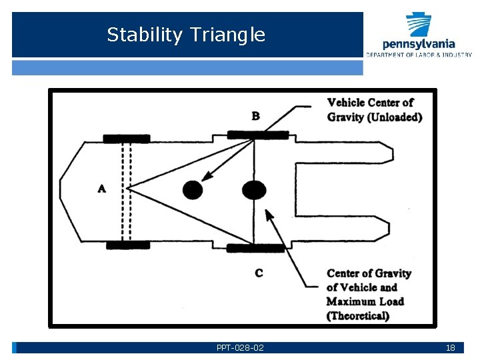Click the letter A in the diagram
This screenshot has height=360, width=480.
point(101,189)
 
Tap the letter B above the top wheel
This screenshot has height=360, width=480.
point(256,116)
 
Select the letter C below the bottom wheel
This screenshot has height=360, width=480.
point(259,273)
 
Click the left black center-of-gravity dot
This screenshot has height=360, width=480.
point(193,190)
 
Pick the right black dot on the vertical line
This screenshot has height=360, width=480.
point(254,190)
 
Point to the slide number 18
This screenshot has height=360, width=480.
point(450,348)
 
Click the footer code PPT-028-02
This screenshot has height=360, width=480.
point(240,348)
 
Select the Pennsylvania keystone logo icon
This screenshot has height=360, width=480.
point(419,25)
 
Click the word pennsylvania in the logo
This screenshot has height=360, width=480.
point(419,45)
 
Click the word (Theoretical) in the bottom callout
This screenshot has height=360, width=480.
point(358,315)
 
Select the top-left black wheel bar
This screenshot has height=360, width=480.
point(127,139)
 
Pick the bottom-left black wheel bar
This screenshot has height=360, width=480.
point(128,245)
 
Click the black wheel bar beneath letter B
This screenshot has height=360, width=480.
point(258,135)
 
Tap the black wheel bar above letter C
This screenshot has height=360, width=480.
point(255,248)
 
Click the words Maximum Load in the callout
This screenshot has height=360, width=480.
point(365,301)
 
